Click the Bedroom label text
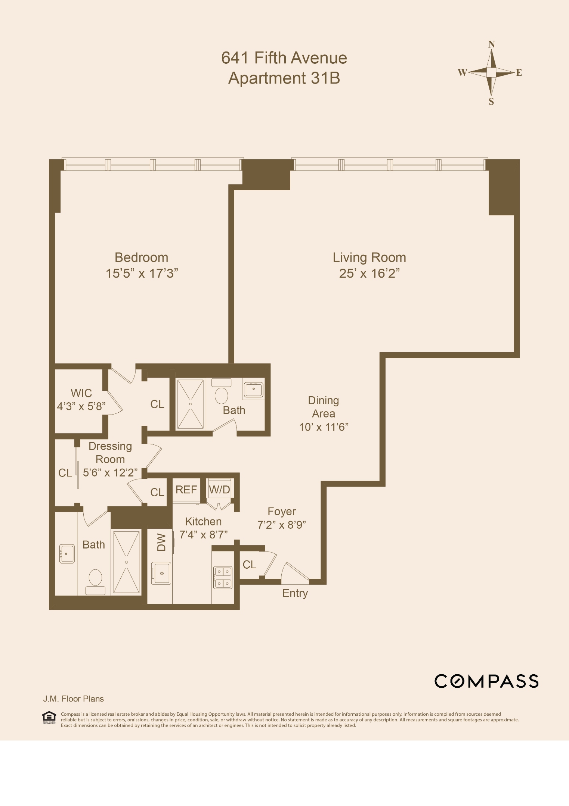pos(141,257)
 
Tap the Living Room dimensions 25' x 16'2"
pos(369,274)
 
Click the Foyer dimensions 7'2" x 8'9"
pos(282,525)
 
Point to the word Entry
pos(295,593)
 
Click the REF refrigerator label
pos(186,490)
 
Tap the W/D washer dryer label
pos(219,490)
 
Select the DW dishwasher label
pos(161,542)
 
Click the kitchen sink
pos(161,573)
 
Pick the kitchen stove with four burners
pos(223,577)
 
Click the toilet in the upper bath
pos(222,396)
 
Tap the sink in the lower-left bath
pos(67,554)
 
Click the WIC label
pos(81,393)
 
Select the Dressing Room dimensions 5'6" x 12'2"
pos(110,473)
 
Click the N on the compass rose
pos(491,45)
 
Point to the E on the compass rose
pos(519,73)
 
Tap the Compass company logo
pos(486,681)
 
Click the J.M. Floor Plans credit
pos(73,699)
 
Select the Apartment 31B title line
pos(284,78)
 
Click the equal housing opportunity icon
pos(49,717)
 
